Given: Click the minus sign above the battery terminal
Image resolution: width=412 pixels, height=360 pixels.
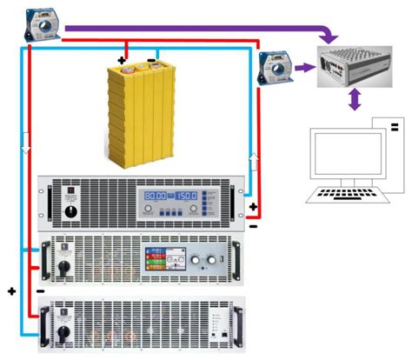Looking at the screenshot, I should [152, 61].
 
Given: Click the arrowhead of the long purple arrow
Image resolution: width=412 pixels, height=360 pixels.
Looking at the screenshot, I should [329, 38].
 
